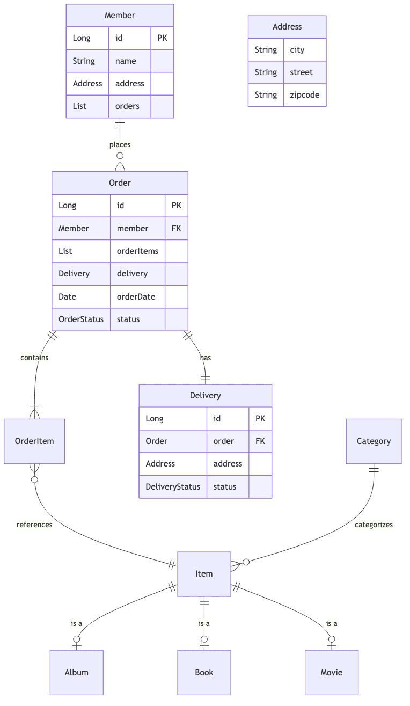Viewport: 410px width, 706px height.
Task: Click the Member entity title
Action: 120,16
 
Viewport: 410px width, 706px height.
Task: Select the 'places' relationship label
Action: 120,144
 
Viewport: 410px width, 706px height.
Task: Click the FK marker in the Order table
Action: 176,228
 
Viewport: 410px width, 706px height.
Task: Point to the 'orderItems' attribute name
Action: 137,251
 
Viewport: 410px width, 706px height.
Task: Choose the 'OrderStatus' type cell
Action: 81,319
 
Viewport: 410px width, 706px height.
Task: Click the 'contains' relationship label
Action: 34,358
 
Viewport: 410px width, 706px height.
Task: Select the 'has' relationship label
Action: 206,358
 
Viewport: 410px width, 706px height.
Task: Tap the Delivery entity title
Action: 205,396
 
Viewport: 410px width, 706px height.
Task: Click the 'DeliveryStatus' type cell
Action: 173,486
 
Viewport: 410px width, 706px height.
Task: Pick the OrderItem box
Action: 34,441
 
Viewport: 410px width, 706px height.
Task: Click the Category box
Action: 374,441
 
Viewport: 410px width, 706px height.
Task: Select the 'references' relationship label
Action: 34,525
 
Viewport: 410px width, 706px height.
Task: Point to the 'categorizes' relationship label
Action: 374,525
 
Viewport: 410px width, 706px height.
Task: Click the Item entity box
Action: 204,574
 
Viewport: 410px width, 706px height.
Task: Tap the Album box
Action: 76,672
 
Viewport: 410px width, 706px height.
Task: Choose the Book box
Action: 204,672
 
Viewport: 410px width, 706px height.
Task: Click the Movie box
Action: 332,672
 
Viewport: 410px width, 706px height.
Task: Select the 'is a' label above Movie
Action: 332,623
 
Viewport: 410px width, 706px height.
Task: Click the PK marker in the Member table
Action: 162,38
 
